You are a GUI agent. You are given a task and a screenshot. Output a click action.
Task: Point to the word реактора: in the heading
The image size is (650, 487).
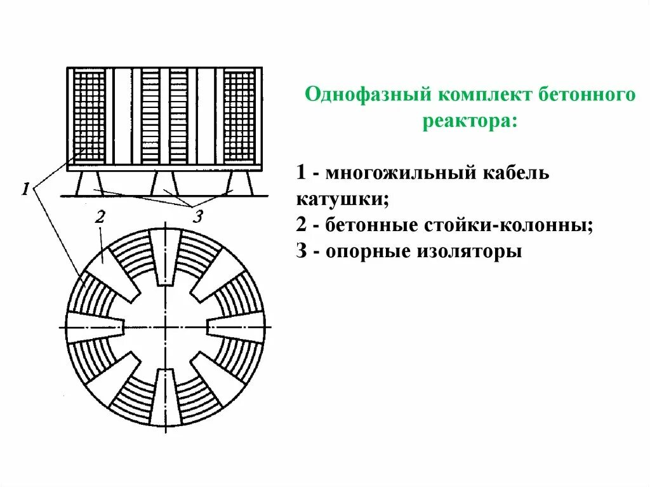tap(470, 121)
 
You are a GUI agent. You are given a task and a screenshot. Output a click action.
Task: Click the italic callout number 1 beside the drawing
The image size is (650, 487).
tap(26, 189)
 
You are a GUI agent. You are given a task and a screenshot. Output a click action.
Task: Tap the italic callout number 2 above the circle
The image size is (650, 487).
tap(100, 217)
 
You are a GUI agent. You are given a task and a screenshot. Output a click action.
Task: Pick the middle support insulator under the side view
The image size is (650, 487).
tap(164, 183)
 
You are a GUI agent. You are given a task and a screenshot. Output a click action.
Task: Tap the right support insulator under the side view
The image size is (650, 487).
tap(241, 183)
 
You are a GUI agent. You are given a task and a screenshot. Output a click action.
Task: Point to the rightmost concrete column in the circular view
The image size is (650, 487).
tap(235, 326)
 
